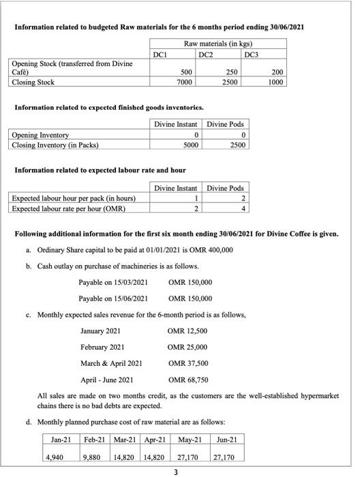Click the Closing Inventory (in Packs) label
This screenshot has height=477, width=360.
(55, 144)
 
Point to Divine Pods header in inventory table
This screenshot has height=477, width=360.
(225, 124)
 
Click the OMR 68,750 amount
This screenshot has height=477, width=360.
(187, 380)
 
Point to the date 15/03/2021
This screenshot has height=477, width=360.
(130, 281)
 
